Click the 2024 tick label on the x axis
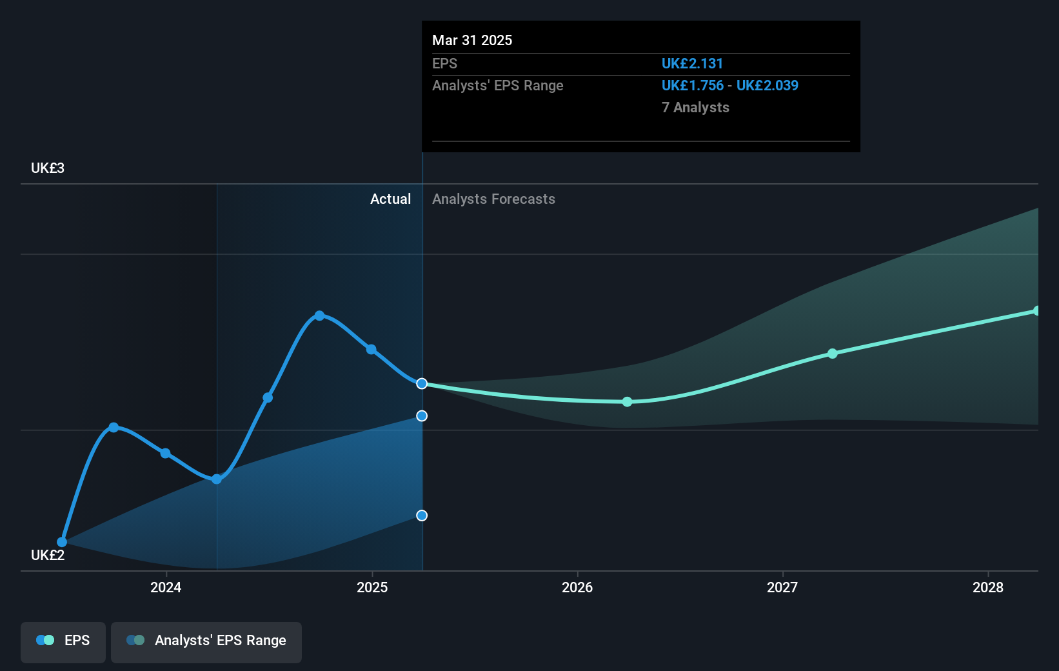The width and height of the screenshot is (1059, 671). coord(166,587)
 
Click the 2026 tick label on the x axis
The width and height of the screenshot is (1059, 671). coord(577,587)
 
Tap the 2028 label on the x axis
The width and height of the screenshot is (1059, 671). coord(988,587)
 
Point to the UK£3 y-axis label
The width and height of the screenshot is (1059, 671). coord(48,168)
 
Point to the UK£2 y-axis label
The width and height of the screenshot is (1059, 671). coord(48,556)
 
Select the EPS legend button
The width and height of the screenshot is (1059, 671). coord(63,641)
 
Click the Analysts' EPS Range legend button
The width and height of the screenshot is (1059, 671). coord(206,641)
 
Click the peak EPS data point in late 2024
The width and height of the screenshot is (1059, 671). coord(319,315)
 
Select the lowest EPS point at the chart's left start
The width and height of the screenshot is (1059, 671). coord(62,542)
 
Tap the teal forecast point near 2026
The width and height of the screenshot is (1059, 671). coord(628,402)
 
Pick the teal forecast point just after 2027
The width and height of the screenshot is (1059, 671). coord(833,354)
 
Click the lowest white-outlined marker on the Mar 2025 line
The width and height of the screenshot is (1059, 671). coord(422,516)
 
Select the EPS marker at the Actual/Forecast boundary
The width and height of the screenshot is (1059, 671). coord(422,384)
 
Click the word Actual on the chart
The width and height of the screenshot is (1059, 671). coord(390,199)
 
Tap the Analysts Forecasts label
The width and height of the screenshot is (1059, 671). coord(493,199)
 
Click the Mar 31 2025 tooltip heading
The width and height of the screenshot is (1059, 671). coord(472,41)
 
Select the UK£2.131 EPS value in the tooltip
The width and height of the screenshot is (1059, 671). coord(692,64)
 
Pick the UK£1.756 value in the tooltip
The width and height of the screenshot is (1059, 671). coord(692,86)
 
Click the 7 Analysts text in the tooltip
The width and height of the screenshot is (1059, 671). coord(695,108)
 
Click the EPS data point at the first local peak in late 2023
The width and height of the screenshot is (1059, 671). coord(114,427)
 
